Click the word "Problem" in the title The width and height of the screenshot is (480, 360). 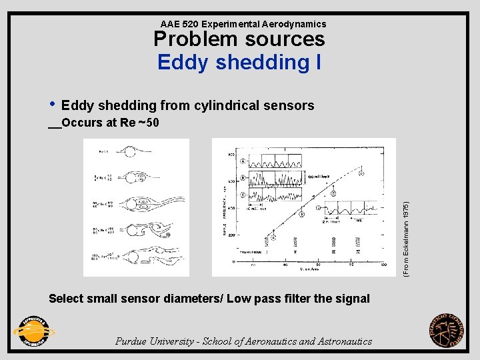[x=193, y=39]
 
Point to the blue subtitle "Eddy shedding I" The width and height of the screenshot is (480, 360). [x=239, y=63]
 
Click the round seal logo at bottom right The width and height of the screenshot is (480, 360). [x=447, y=331]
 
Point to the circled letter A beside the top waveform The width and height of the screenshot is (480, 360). [x=243, y=161]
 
